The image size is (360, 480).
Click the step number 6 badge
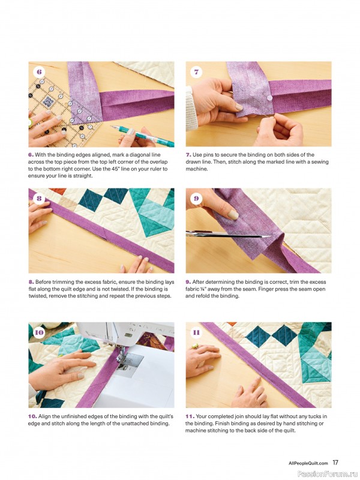[40, 72]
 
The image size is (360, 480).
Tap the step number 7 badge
[197, 72]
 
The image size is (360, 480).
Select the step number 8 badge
[40, 199]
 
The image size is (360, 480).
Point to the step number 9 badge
[197, 199]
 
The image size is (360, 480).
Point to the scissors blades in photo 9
[210, 234]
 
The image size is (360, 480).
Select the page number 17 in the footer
[335, 463]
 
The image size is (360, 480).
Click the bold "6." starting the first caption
[31, 155]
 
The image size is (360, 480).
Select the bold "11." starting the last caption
[190, 416]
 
